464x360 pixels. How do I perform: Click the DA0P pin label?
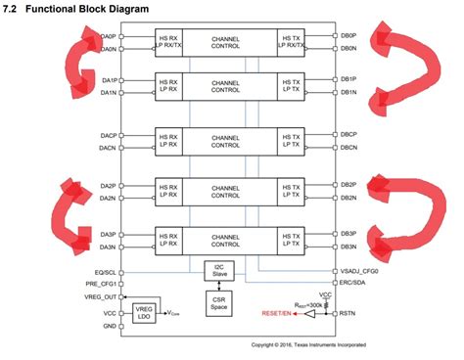tap(108, 36)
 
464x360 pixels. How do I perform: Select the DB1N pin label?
tap(348, 92)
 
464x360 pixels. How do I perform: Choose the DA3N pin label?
tap(108, 247)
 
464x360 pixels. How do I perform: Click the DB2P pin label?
tap(348, 184)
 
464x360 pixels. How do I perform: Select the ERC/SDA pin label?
tap(353, 283)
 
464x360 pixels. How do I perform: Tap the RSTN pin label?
tap(348, 315)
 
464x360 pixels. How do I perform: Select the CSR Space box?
tap(219, 304)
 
